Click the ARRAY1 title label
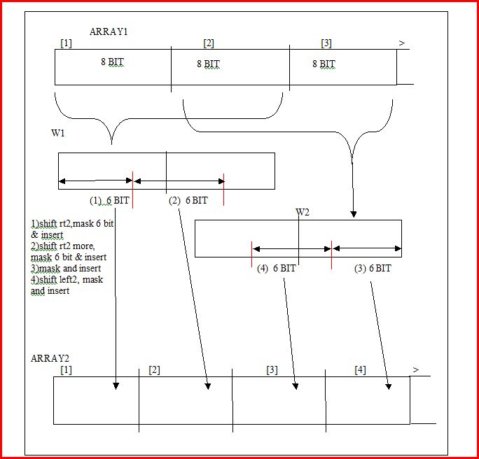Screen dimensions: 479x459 (109, 31)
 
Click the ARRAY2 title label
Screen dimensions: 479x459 (50, 358)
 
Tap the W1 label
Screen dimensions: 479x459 (57, 133)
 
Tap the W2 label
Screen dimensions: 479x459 (303, 212)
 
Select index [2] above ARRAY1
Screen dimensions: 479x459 (209, 43)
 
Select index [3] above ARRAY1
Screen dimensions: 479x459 (326, 43)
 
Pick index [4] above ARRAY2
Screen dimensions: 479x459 (360, 370)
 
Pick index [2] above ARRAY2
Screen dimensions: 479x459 (154, 370)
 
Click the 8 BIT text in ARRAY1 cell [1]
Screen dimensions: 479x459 (113, 62)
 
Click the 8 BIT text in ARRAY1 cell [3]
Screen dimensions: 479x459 (324, 64)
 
